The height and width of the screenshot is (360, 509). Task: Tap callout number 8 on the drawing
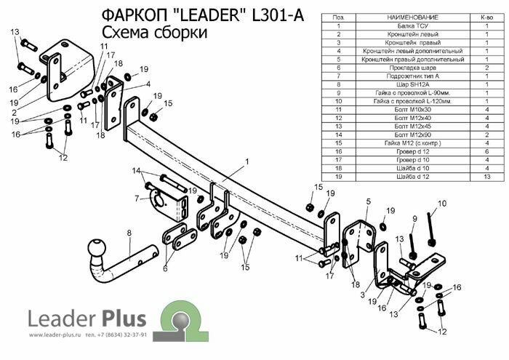coord(129,233)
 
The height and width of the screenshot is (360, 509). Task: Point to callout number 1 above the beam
coord(247,161)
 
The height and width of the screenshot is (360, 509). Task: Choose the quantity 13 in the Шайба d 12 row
coord(486,176)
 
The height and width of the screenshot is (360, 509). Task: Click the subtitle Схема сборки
coord(153,33)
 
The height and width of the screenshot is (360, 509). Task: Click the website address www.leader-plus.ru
coord(55,335)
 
